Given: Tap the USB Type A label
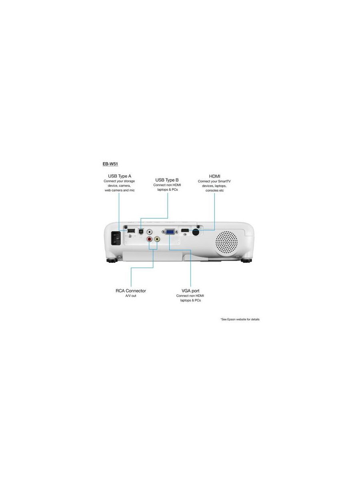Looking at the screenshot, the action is coord(120,176).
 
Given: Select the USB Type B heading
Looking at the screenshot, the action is coord(167,180).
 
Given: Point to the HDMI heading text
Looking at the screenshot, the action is coord(214,176).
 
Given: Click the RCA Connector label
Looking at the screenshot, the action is coord(131,291).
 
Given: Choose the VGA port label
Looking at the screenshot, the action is coord(190,291).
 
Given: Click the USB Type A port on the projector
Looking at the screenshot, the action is coord(131,230).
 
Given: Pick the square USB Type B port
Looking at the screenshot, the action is coord(141,231).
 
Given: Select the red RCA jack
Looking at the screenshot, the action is coord(150,239).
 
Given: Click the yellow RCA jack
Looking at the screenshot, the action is coord(157,239).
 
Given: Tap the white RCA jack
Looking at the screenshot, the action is coord(150,232).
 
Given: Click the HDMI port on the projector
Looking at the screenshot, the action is coord(185,231).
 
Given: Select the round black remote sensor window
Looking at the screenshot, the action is coord(196,232).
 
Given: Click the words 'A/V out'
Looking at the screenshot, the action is coord(131,296).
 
